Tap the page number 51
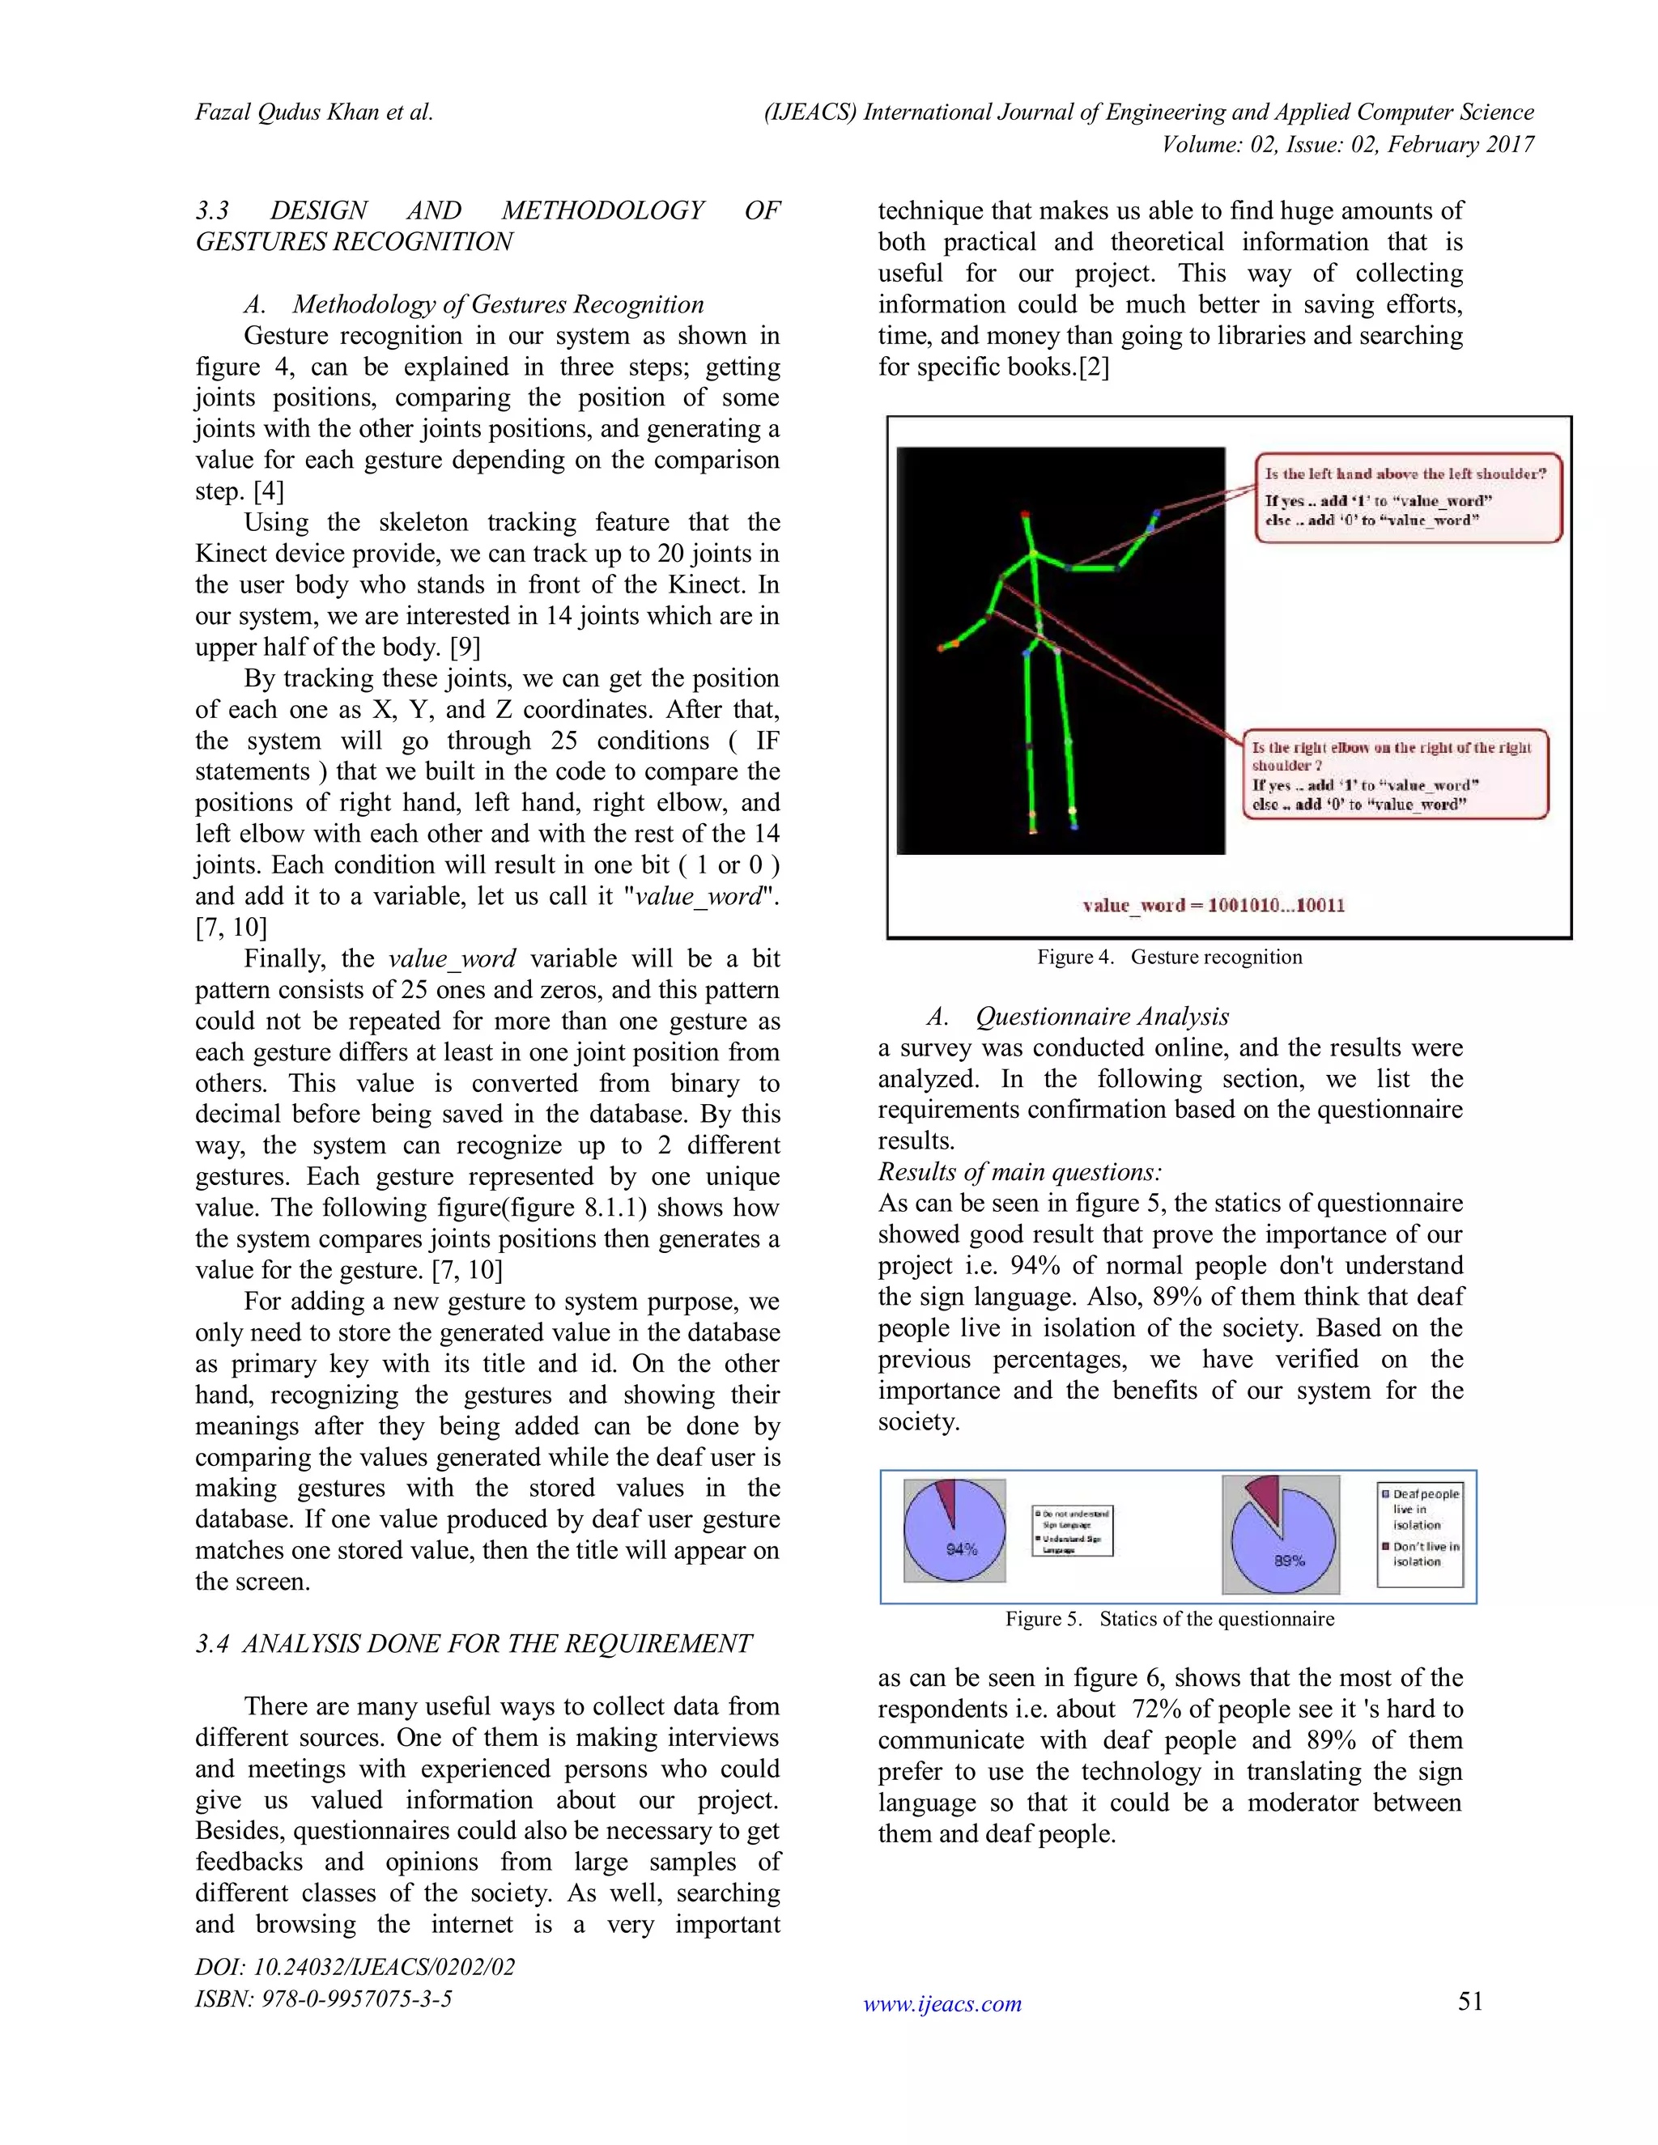(1469, 2001)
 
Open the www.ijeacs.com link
(942, 2003)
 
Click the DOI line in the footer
(355, 1966)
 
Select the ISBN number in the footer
(323, 1998)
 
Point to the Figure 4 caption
(1169, 957)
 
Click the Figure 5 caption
(1169, 1619)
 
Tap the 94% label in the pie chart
(961, 1548)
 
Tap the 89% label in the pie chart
(1289, 1560)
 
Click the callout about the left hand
(1408, 497)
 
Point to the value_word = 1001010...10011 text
(1213, 905)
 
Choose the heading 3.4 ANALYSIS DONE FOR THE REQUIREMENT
(474, 1643)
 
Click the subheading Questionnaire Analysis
(1101, 1017)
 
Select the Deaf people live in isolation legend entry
(1422, 1509)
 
